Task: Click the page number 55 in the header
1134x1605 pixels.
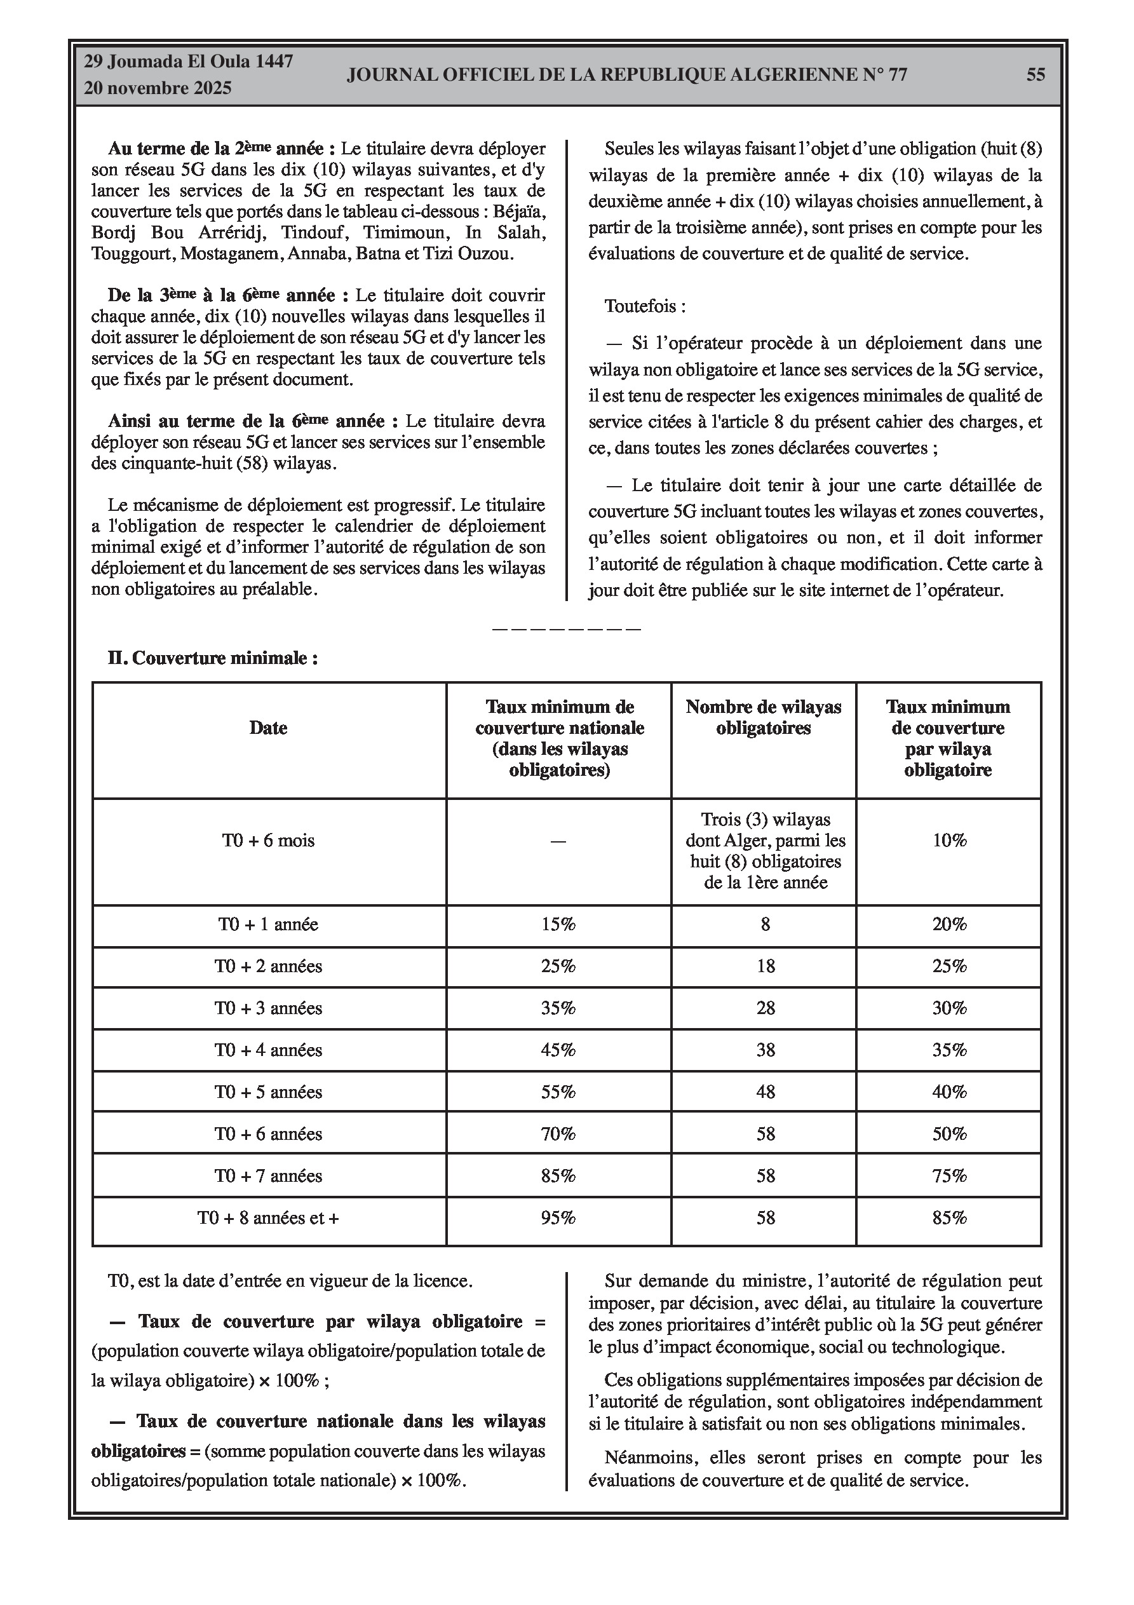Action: (1036, 75)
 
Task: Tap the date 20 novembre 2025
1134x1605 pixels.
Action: (158, 89)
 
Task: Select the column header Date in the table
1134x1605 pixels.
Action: (269, 728)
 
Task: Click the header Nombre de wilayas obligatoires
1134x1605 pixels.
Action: (764, 718)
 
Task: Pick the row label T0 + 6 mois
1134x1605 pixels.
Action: (269, 840)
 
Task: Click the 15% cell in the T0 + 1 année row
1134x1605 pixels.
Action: (558, 925)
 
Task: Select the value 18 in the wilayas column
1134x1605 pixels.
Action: (766, 967)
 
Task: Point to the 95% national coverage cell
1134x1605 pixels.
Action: (558, 1219)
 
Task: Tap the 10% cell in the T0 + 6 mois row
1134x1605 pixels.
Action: (948, 840)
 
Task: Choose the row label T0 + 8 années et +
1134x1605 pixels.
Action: (269, 1219)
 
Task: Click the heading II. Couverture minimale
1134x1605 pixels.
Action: (213, 658)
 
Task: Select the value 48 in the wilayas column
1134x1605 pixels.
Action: (766, 1093)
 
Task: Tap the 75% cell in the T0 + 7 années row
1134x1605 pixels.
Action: (948, 1177)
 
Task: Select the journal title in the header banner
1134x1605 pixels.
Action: (626, 75)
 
